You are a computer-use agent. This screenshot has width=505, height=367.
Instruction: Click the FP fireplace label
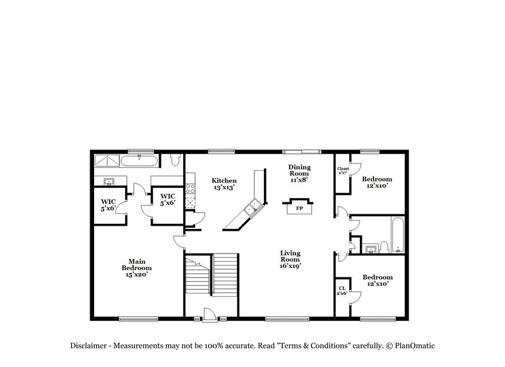[x=300, y=208]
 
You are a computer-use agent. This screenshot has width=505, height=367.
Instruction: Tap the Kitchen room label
[x=224, y=183]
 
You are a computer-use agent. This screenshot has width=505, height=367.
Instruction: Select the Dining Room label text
[x=299, y=174]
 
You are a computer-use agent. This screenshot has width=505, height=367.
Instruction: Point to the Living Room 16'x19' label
[x=290, y=259]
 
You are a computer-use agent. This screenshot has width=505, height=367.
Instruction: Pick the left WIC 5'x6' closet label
[x=108, y=204]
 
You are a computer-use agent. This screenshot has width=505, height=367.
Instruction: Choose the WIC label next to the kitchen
[x=167, y=200]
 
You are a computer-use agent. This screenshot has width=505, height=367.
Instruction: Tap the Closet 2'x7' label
[x=343, y=171]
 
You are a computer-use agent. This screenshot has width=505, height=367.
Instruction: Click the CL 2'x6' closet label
[x=341, y=291]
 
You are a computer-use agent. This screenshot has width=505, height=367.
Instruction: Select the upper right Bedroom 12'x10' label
[x=377, y=182]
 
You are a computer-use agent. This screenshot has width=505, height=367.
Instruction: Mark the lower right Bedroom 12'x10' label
[x=377, y=281]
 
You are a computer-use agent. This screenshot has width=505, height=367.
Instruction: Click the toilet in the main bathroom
[x=176, y=161]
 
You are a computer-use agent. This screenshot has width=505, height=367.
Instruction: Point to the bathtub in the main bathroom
[x=139, y=161]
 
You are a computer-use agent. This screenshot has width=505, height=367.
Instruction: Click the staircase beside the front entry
[x=211, y=277]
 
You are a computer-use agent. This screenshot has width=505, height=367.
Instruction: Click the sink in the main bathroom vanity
[x=109, y=182]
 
